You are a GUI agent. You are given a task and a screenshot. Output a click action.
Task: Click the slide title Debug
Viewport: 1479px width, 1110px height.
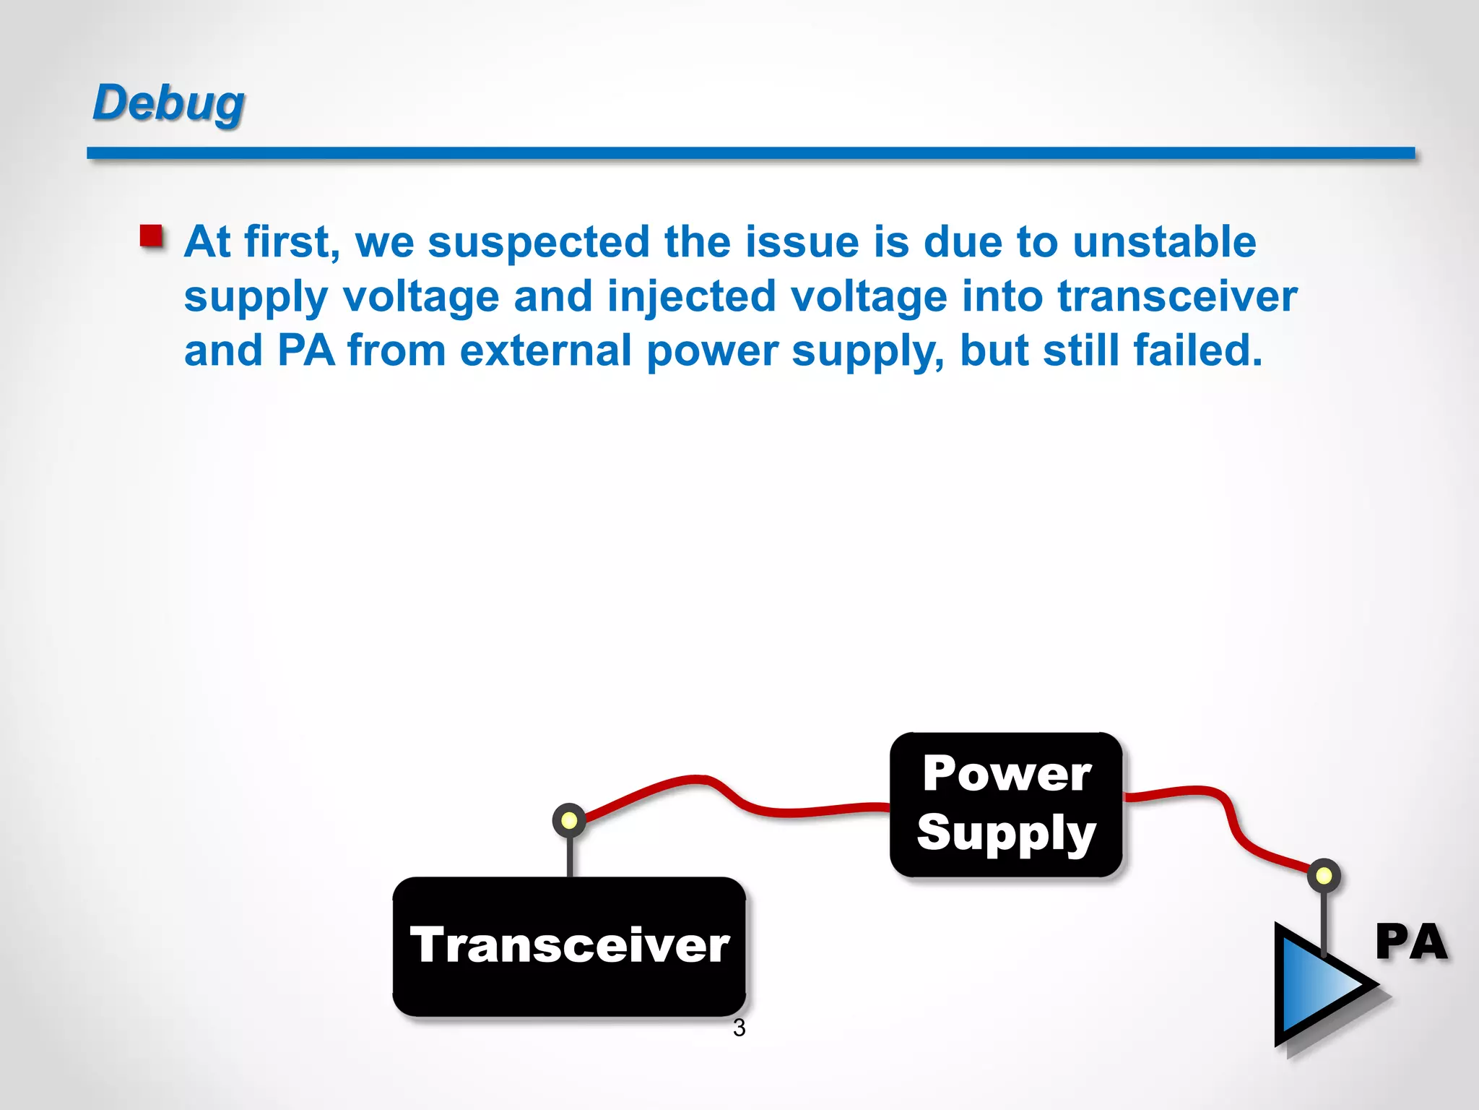click(x=168, y=103)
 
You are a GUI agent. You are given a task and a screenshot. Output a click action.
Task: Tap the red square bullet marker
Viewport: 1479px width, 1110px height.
click(x=152, y=236)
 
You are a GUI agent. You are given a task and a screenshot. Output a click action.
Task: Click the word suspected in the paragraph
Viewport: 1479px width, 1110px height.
click(x=539, y=241)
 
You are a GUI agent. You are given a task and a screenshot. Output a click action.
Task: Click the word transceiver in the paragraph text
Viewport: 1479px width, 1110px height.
click(x=1177, y=296)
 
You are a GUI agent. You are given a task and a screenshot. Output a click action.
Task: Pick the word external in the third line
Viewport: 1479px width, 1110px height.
click(x=546, y=350)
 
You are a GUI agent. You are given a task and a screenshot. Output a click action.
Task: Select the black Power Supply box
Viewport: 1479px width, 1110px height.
click(x=1006, y=804)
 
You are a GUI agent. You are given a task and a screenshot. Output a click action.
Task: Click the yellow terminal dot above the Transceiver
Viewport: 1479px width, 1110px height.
click(x=569, y=820)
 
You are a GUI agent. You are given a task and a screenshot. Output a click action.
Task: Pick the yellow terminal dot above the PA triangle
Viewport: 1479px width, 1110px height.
click(x=1324, y=876)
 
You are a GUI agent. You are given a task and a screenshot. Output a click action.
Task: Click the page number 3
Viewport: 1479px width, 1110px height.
click(x=739, y=1028)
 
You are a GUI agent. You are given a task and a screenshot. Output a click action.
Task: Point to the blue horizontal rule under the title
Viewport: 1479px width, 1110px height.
click(x=751, y=153)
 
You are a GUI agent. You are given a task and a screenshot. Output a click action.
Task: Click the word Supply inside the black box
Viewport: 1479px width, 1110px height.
click(x=1006, y=833)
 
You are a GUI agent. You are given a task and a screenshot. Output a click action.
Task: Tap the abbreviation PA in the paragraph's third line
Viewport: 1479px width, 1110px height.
click(x=306, y=350)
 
